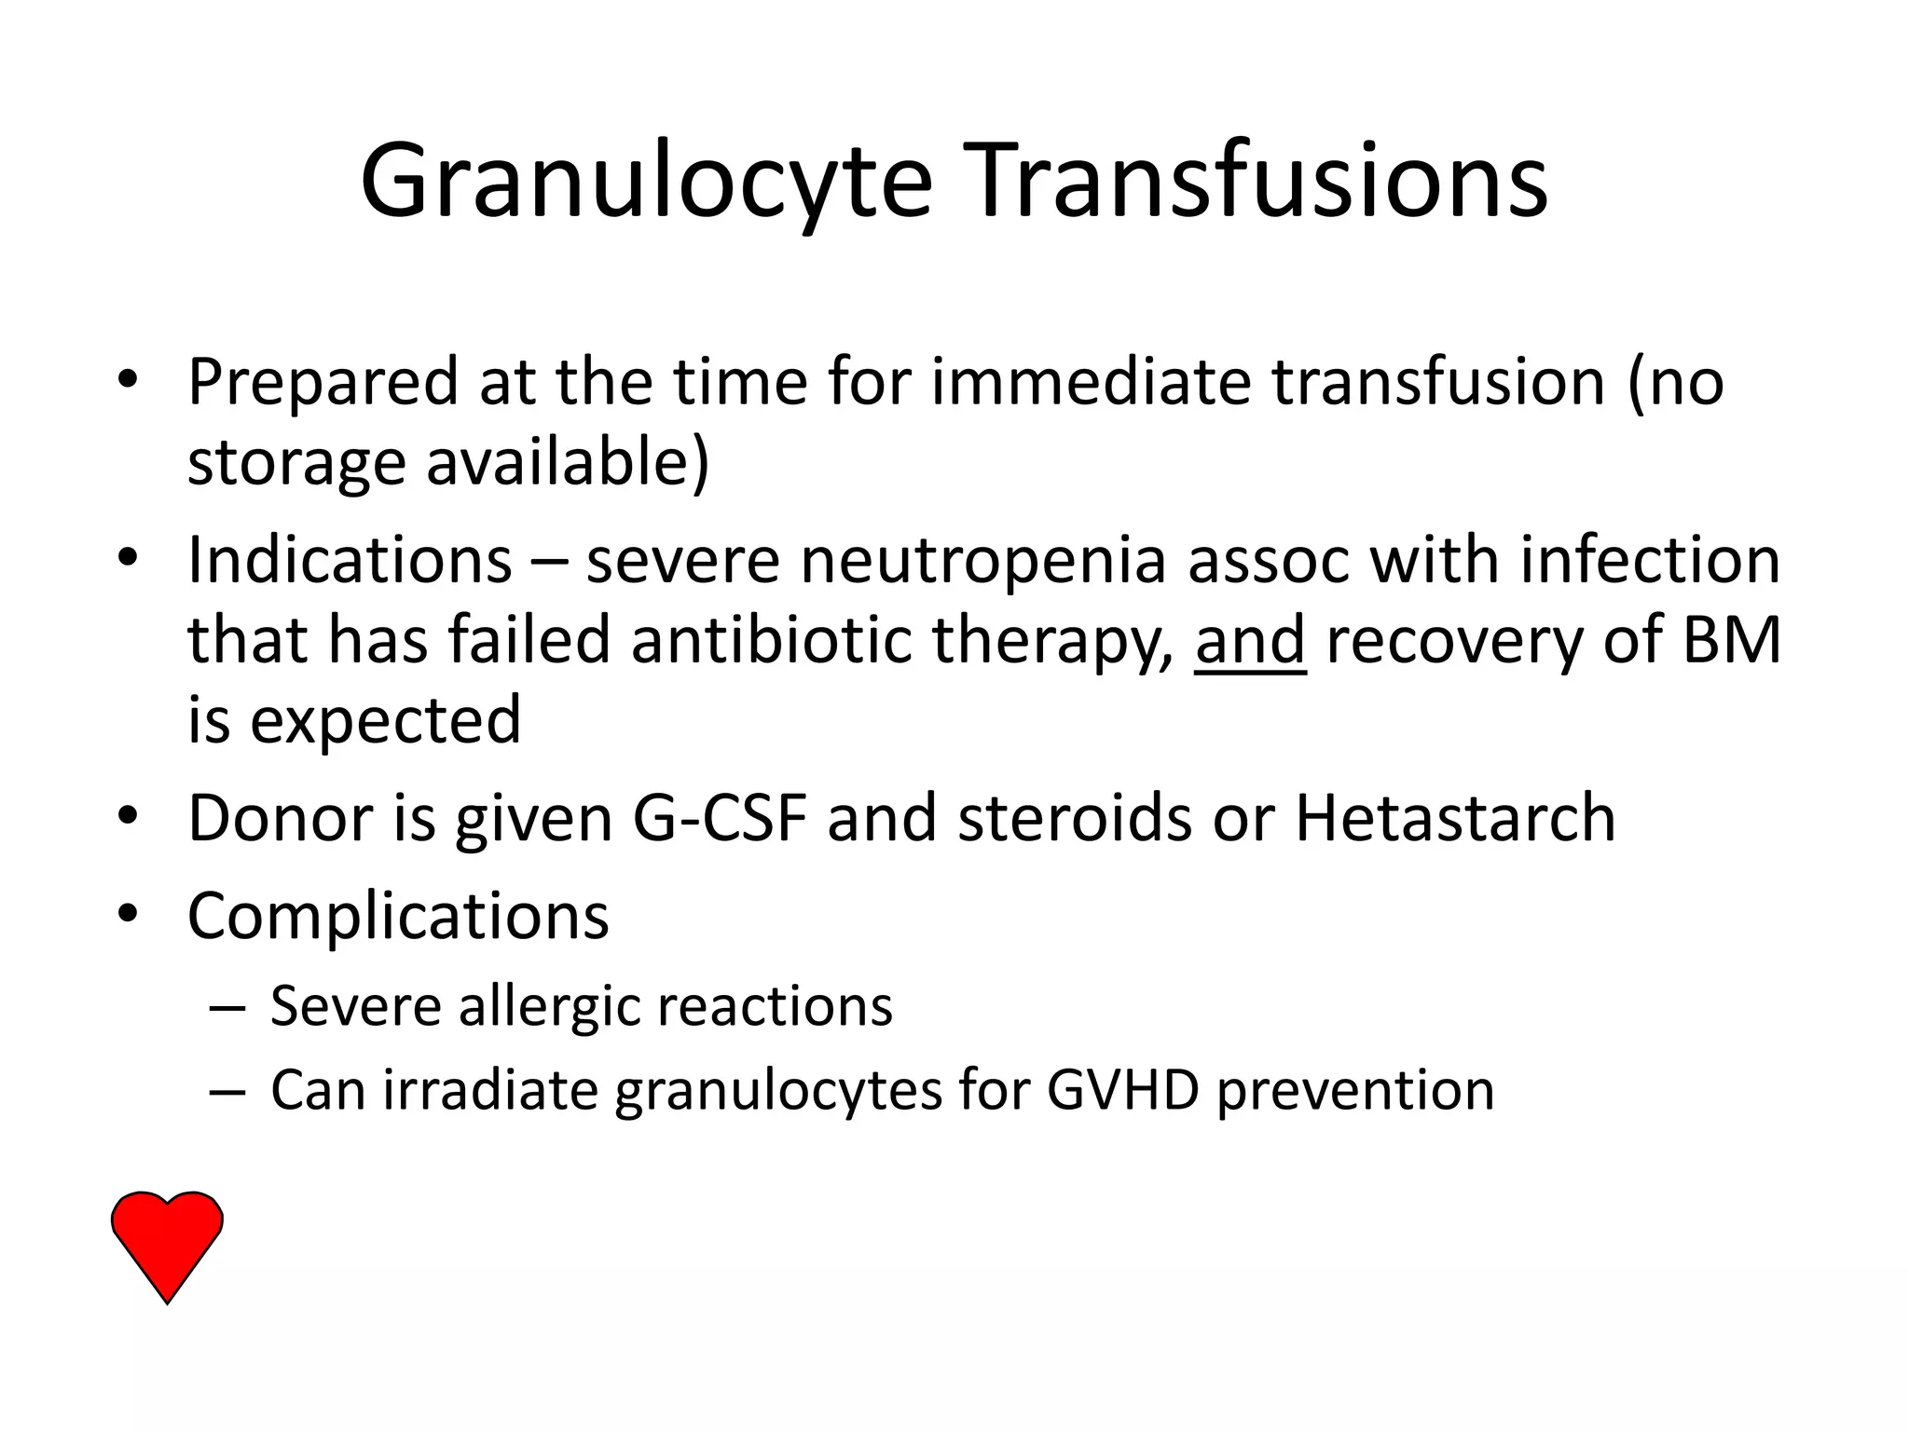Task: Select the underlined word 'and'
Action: point(1249,640)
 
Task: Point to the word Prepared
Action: point(323,383)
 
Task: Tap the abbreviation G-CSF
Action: point(720,818)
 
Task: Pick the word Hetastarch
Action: point(1455,818)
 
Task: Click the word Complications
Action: point(398,917)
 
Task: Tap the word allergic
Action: point(548,1007)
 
